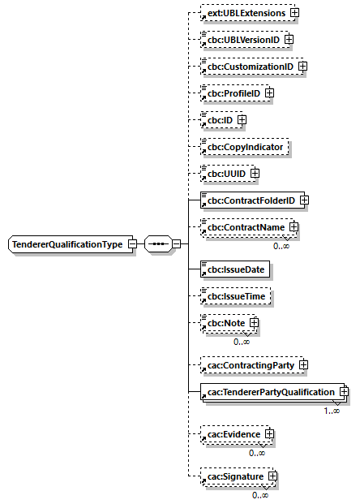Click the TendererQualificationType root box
(x=66, y=244)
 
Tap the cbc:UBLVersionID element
(x=242, y=39)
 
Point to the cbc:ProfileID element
(x=232, y=93)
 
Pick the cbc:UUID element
(x=226, y=173)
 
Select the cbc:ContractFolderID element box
(x=249, y=200)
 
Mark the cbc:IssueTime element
(x=235, y=298)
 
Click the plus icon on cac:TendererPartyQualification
(x=345, y=392)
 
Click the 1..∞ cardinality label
(x=331, y=411)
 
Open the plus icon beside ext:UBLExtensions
(x=295, y=13)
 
